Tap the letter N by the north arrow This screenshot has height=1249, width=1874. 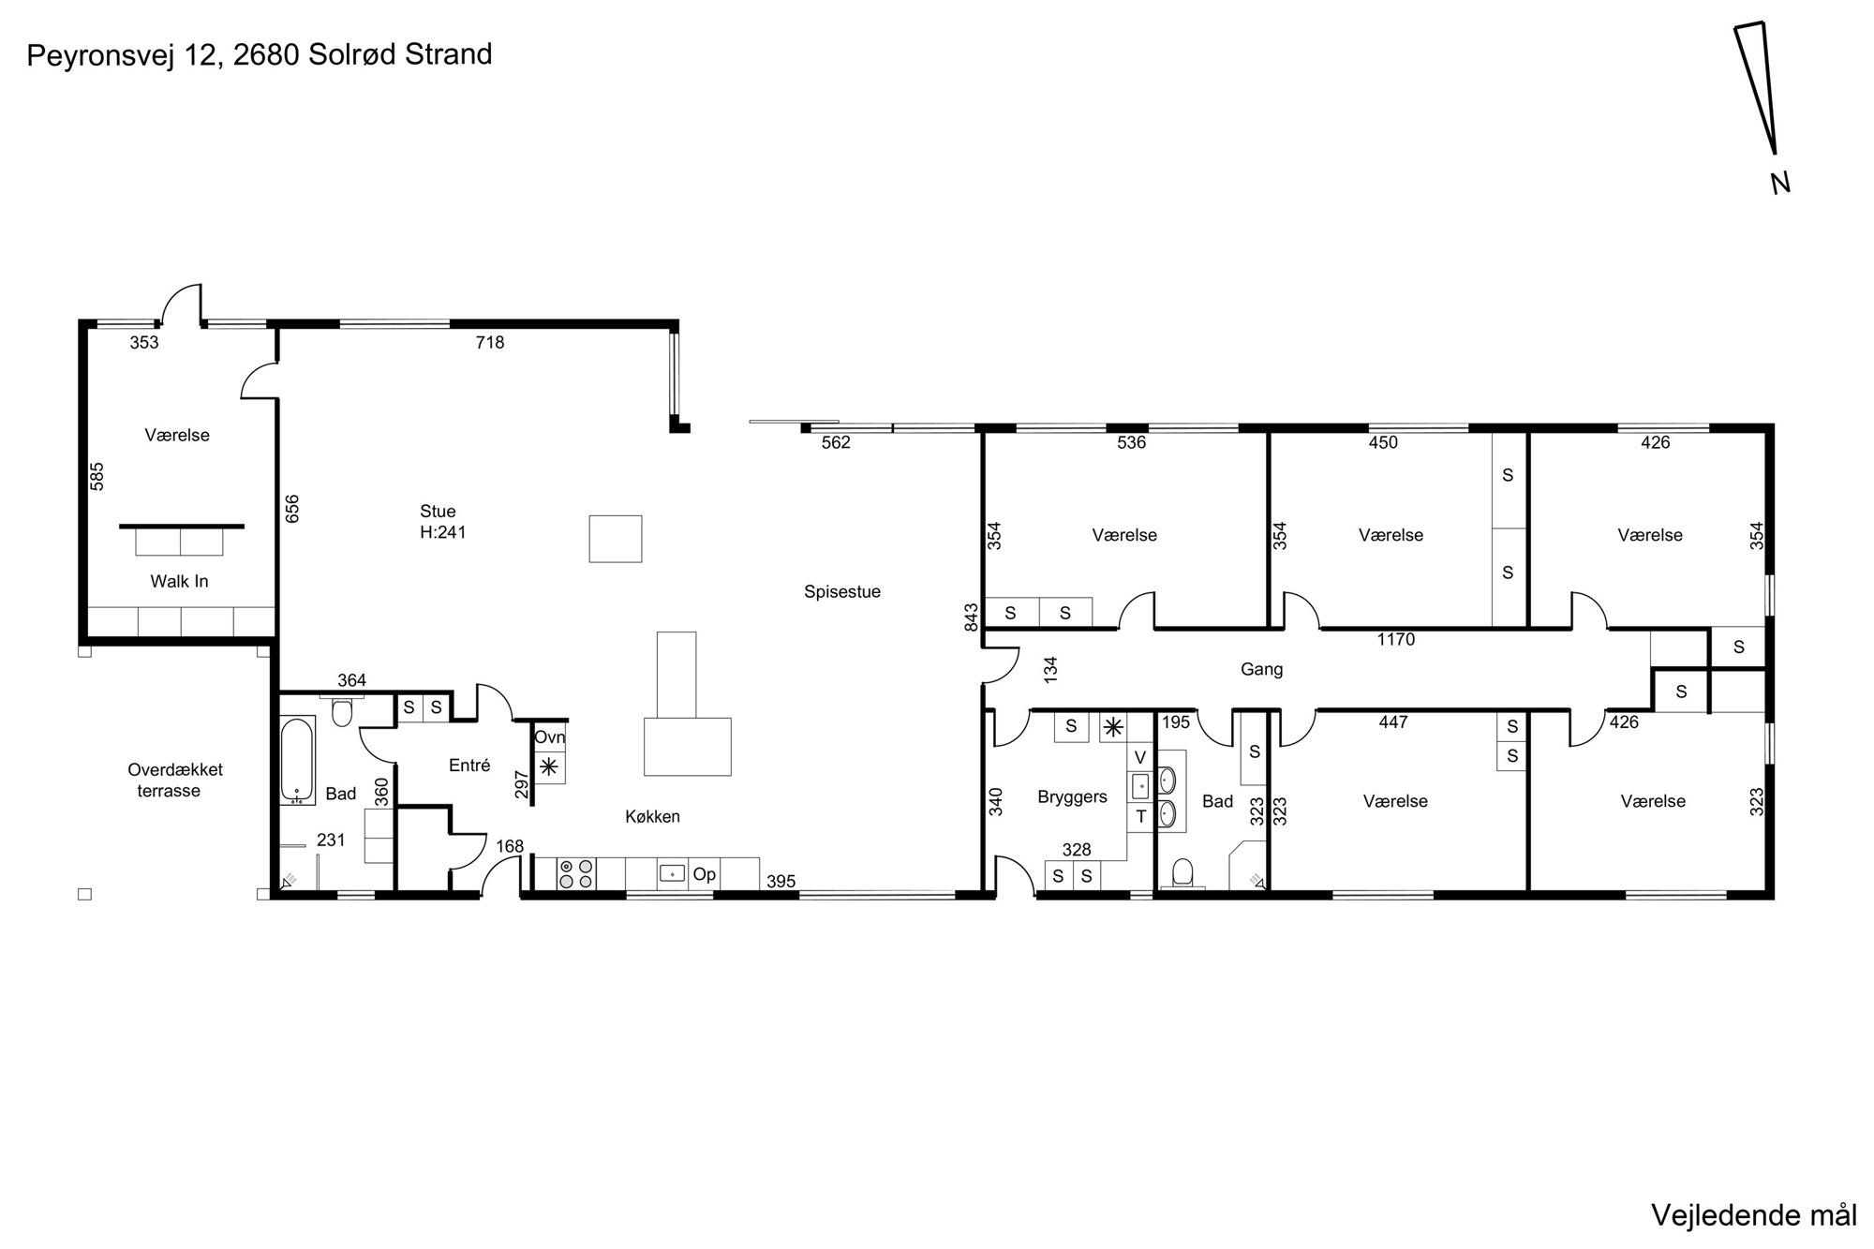tap(1780, 183)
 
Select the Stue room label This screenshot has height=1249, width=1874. tap(438, 512)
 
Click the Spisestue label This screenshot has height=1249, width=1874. tap(842, 592)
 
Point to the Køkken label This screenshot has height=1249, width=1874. tap(652, 817)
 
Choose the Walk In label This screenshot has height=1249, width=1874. tap(179, 582)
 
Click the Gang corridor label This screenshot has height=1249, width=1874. tap(1261, 670)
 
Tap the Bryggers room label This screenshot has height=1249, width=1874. tap(1072, 797)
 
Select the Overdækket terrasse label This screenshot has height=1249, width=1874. tap(175, 781)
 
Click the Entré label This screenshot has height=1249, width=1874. tap(469, 766)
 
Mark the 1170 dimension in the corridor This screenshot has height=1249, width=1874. tap(1396, 640)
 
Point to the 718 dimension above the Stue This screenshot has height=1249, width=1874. tap(490, 343)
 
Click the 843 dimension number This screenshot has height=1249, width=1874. tap(972, 617)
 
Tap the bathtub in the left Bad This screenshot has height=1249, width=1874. tap(298, 761)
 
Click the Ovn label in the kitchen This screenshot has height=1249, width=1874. tap(550, 738)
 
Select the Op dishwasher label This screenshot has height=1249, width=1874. tap(705, 875)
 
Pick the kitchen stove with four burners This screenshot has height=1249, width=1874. tap(576, 874)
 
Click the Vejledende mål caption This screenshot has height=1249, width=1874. tap(1753, 1216)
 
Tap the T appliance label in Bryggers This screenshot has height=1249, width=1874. tap(1141, 817)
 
